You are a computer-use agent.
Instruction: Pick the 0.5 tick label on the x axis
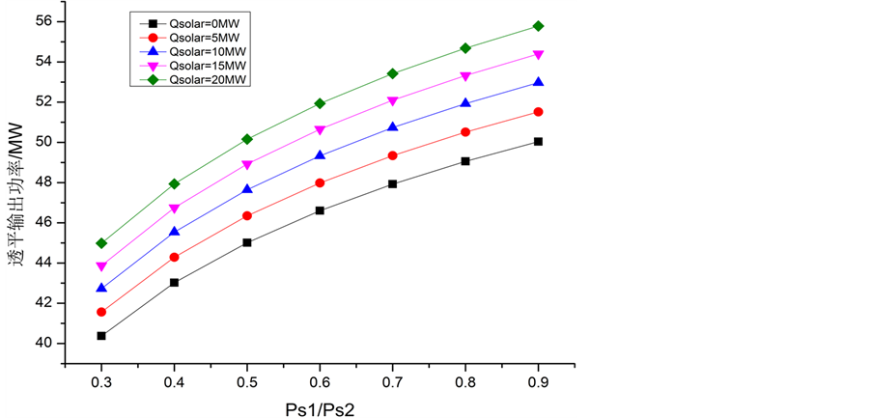click(x=246, y=383)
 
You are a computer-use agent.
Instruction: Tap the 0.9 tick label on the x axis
click(x=538, y=383)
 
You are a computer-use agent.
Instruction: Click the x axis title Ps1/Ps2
click(x=319, y=407)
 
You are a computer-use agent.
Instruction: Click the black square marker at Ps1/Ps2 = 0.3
click(x=101, y=336)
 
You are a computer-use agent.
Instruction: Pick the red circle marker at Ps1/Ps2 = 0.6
click(x=320, y=182)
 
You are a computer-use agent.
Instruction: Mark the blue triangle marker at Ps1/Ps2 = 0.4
click(x=174, y=232)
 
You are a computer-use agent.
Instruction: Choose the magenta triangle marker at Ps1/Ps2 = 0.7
click(x=392, y=101)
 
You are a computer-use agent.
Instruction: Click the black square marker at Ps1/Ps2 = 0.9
click(x=538, y=142)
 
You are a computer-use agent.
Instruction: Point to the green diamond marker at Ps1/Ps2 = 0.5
click(x=246, y=139)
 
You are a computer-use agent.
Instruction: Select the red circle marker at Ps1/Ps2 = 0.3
click(x=101, y=312)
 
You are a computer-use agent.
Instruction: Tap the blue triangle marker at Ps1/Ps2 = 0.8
click(x=465, y=102)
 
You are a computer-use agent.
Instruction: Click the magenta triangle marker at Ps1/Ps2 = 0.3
click(x=101, y=266)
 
